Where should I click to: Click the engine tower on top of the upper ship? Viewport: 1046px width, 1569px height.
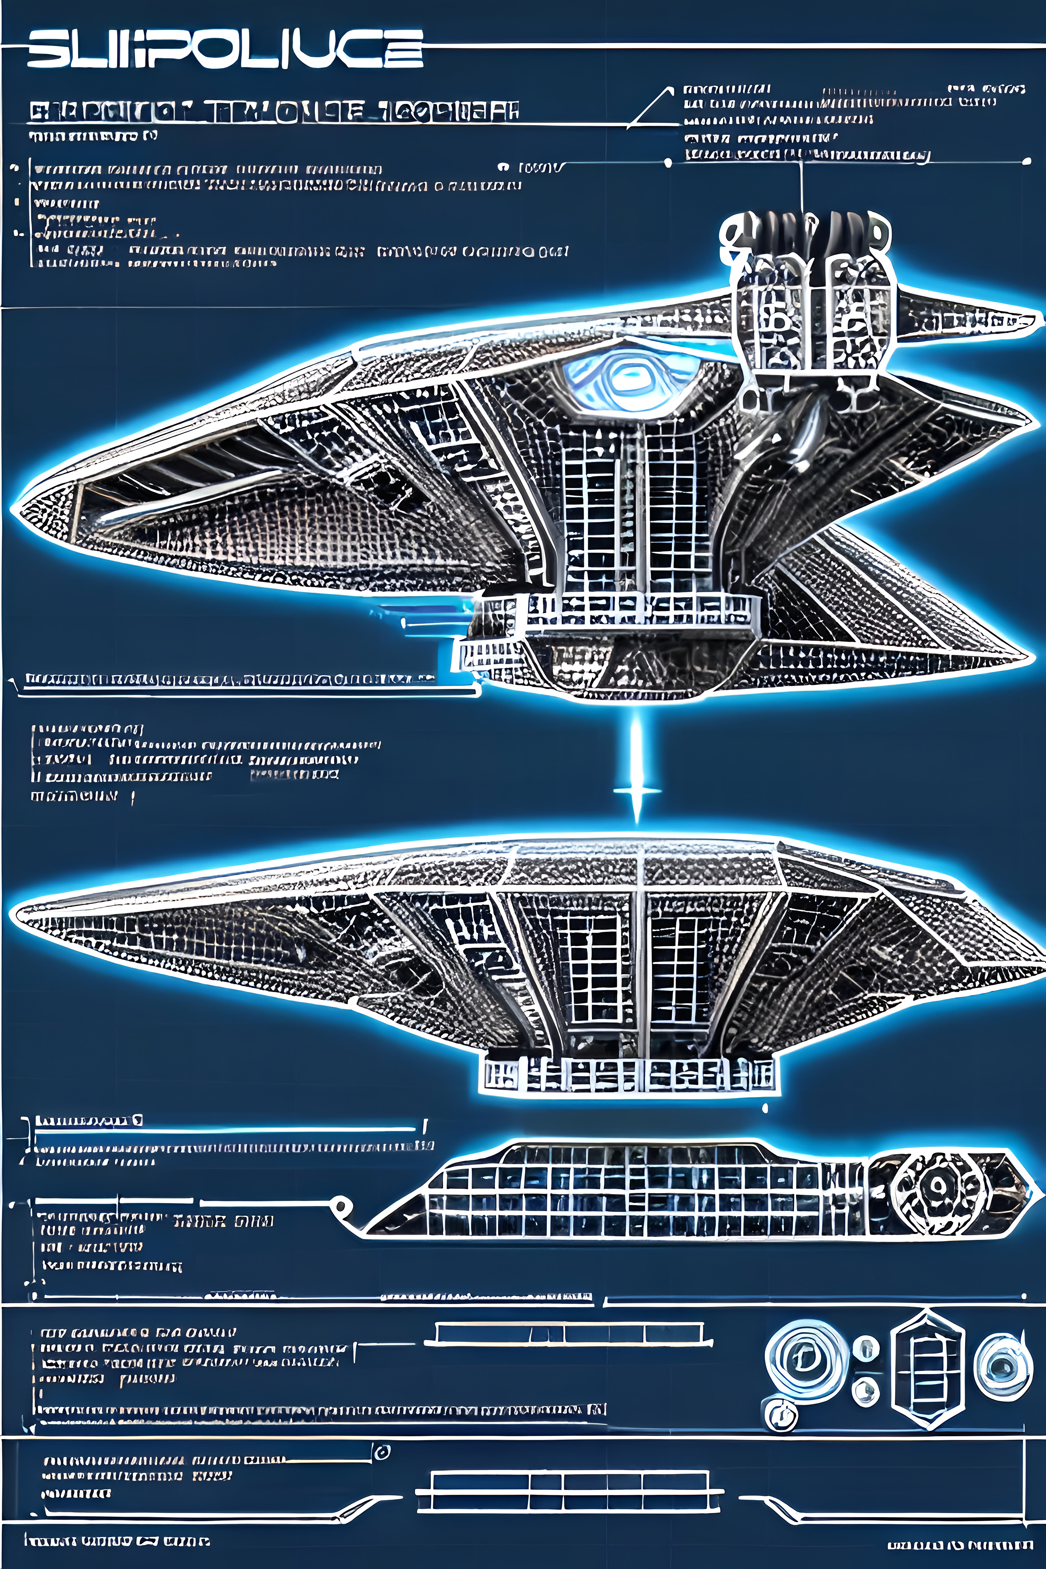click(x=807, y=294)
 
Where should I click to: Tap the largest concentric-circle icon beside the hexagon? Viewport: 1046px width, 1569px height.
click(x=806, y=1359)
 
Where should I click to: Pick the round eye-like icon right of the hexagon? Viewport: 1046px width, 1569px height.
click(x=1001, y=1366)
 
